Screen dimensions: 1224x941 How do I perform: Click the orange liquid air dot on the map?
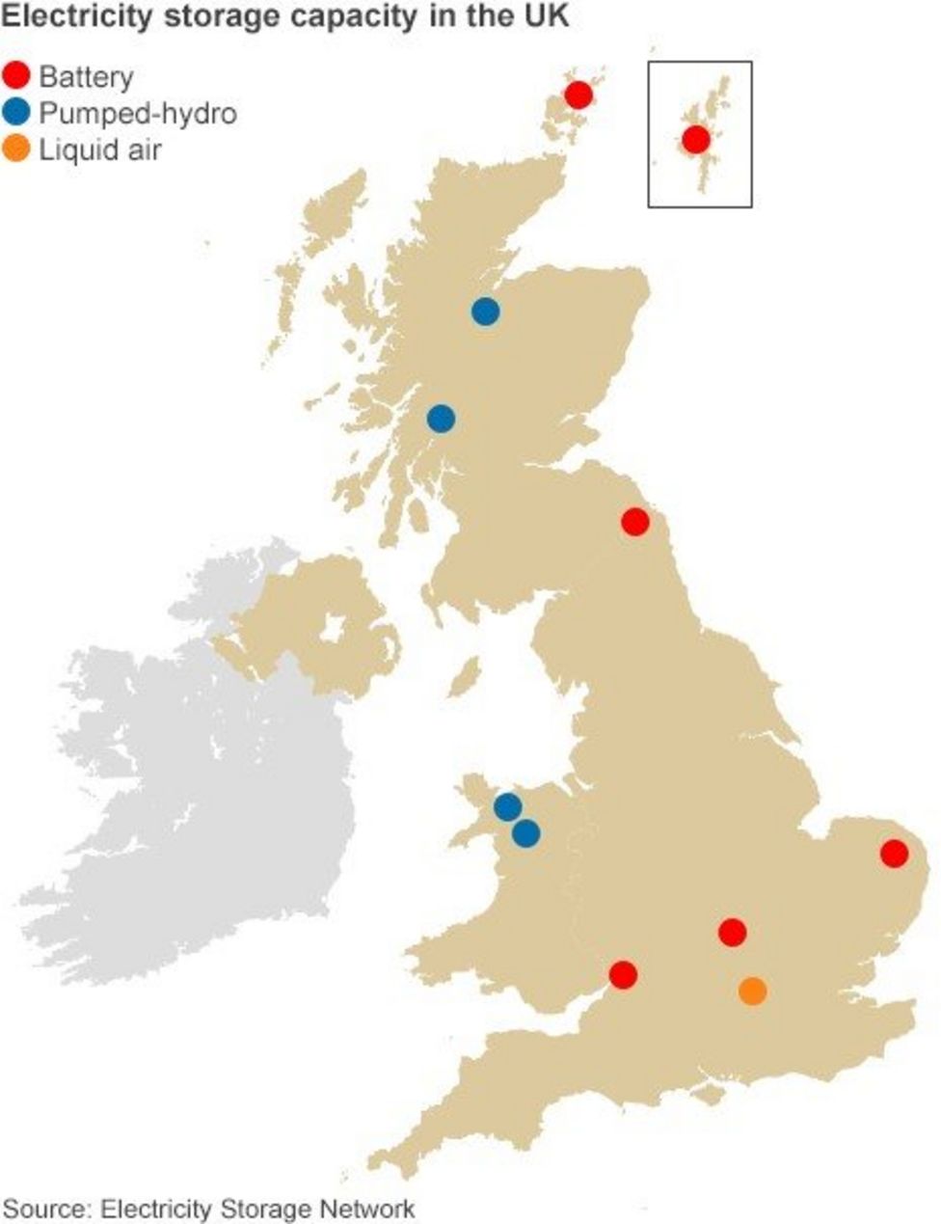pyautogui.click(x=752, y=991)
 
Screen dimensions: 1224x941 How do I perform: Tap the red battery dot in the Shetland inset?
pyautogui.click(x=696, y=140)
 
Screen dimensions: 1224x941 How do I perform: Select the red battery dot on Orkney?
pyautogui.click(x=578, y=95)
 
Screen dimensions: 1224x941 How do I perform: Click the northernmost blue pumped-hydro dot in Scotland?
pyautogui.click(x=485, y=312)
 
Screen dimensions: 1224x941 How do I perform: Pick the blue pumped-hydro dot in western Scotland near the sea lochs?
pyautogui.click(x=441, y=419)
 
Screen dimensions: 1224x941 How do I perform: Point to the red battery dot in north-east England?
pyautogui.click(x=634, y=522)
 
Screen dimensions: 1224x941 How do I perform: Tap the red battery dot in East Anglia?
pyautogui.click(x=894, y=853)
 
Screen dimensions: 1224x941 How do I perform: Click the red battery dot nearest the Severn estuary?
pyautogui.click(x=623, y=975)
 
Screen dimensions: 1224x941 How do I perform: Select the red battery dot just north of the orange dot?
pyautogui.click(x=732, y=932)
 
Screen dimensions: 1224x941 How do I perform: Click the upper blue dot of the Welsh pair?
pyautogui.click(x=507, y=805)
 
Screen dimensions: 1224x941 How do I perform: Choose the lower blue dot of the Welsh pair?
pyautogui.click(x=525, y=832)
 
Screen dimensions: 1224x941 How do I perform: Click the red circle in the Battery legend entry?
pyautogui.click(x=17, y=76)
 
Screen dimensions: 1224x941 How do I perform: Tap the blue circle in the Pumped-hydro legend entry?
pyautogui.click(x=17, y=113)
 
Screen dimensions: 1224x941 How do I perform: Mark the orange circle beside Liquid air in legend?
pyautogui.click(x=17, y=150)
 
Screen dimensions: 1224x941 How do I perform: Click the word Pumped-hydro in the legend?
pyautogui.click(x=137, y=114)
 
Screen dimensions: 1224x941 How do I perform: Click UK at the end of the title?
pyautogui.click(x=549, y=16)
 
